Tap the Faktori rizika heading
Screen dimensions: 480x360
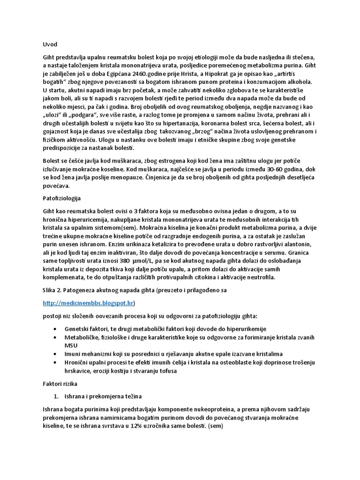(x=55, y=383)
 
